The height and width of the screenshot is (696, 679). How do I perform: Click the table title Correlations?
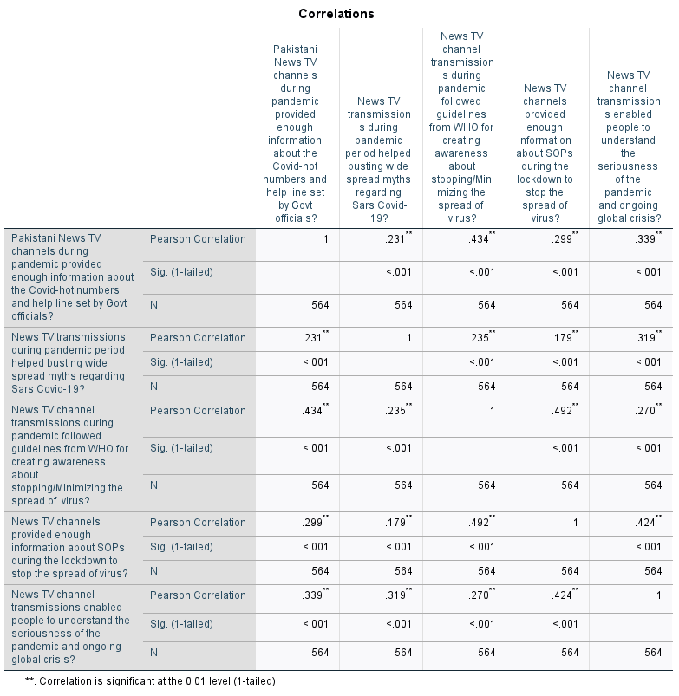(336, 14)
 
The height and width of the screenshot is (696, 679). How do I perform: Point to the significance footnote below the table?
(152, 681)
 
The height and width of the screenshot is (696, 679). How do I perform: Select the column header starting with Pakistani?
(295, 133)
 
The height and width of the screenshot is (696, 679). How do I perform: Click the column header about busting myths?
(378, 159)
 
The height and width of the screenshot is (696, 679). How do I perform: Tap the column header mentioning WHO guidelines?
(461, 127)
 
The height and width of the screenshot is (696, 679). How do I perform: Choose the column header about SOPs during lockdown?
(545, 153)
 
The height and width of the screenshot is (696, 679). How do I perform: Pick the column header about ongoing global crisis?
(629, 146)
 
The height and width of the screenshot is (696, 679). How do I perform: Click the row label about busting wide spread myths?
(69, 363)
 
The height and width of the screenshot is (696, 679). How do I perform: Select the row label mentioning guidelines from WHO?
(69, 455)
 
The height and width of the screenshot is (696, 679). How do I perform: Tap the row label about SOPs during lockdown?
(69, 548)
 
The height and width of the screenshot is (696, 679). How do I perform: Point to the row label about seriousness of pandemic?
(70, 627)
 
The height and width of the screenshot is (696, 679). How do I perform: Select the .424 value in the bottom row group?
(565, 595)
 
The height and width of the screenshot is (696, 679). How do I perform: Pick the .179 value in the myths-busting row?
(565, 337)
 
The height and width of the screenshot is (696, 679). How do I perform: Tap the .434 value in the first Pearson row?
(481, 238)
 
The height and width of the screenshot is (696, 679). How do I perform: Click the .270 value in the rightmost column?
(648, 410)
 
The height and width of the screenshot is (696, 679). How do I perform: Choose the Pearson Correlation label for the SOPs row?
(198, 523)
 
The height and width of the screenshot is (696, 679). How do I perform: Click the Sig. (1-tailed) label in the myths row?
(181, 362)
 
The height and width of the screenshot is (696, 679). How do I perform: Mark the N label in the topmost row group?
(153, 305)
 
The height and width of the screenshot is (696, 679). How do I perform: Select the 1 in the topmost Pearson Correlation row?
(325, 239)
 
